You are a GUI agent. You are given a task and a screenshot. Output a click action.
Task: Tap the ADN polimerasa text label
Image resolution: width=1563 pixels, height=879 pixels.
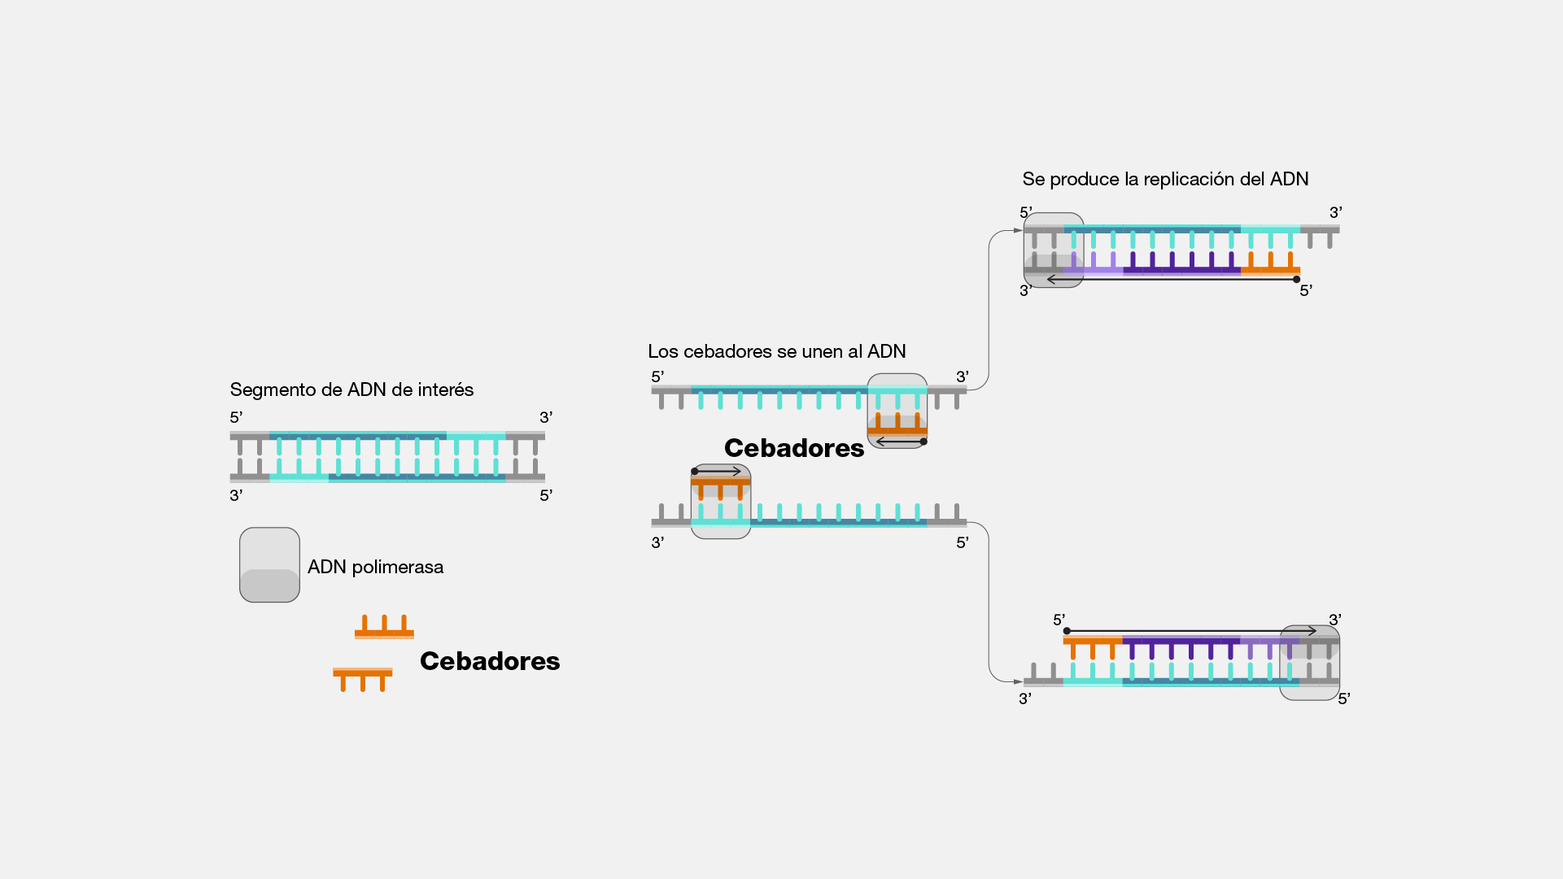(375, 567)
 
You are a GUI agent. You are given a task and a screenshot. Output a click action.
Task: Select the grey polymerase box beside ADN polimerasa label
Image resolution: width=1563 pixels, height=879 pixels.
(269, 565)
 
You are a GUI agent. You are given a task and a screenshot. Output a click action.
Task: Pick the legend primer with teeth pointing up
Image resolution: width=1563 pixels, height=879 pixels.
(384, 628)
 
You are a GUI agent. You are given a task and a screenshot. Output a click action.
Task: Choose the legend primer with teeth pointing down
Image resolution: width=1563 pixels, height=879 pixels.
(363, 677)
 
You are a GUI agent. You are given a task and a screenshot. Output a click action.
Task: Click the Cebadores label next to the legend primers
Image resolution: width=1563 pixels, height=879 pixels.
(490, 661)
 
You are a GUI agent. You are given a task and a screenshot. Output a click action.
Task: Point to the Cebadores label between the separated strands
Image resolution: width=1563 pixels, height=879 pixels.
(794, 448)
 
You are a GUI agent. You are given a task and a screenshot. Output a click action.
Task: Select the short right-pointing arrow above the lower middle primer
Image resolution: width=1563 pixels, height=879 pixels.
(718, 471)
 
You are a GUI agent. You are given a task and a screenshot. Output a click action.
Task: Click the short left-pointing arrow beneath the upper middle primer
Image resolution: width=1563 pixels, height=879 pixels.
(900, 442)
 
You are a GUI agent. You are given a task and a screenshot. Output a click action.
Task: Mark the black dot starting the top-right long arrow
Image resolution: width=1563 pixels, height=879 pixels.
(1297, 280)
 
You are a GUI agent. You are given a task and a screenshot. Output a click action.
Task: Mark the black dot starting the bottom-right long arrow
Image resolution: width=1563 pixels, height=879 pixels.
(1067, 631)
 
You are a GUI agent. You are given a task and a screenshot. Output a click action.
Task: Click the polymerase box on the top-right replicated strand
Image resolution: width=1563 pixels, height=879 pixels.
(1054, 250)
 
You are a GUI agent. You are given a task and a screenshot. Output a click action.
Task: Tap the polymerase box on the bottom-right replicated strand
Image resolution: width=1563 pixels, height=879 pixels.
(1309, 663)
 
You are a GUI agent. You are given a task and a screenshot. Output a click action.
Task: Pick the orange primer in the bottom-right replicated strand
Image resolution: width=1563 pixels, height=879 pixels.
(1093, 646)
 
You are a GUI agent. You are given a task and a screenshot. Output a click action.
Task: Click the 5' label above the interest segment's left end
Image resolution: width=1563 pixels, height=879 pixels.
(236, 417)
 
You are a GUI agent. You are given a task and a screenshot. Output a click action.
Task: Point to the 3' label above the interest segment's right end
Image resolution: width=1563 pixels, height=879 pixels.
(546, 417)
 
